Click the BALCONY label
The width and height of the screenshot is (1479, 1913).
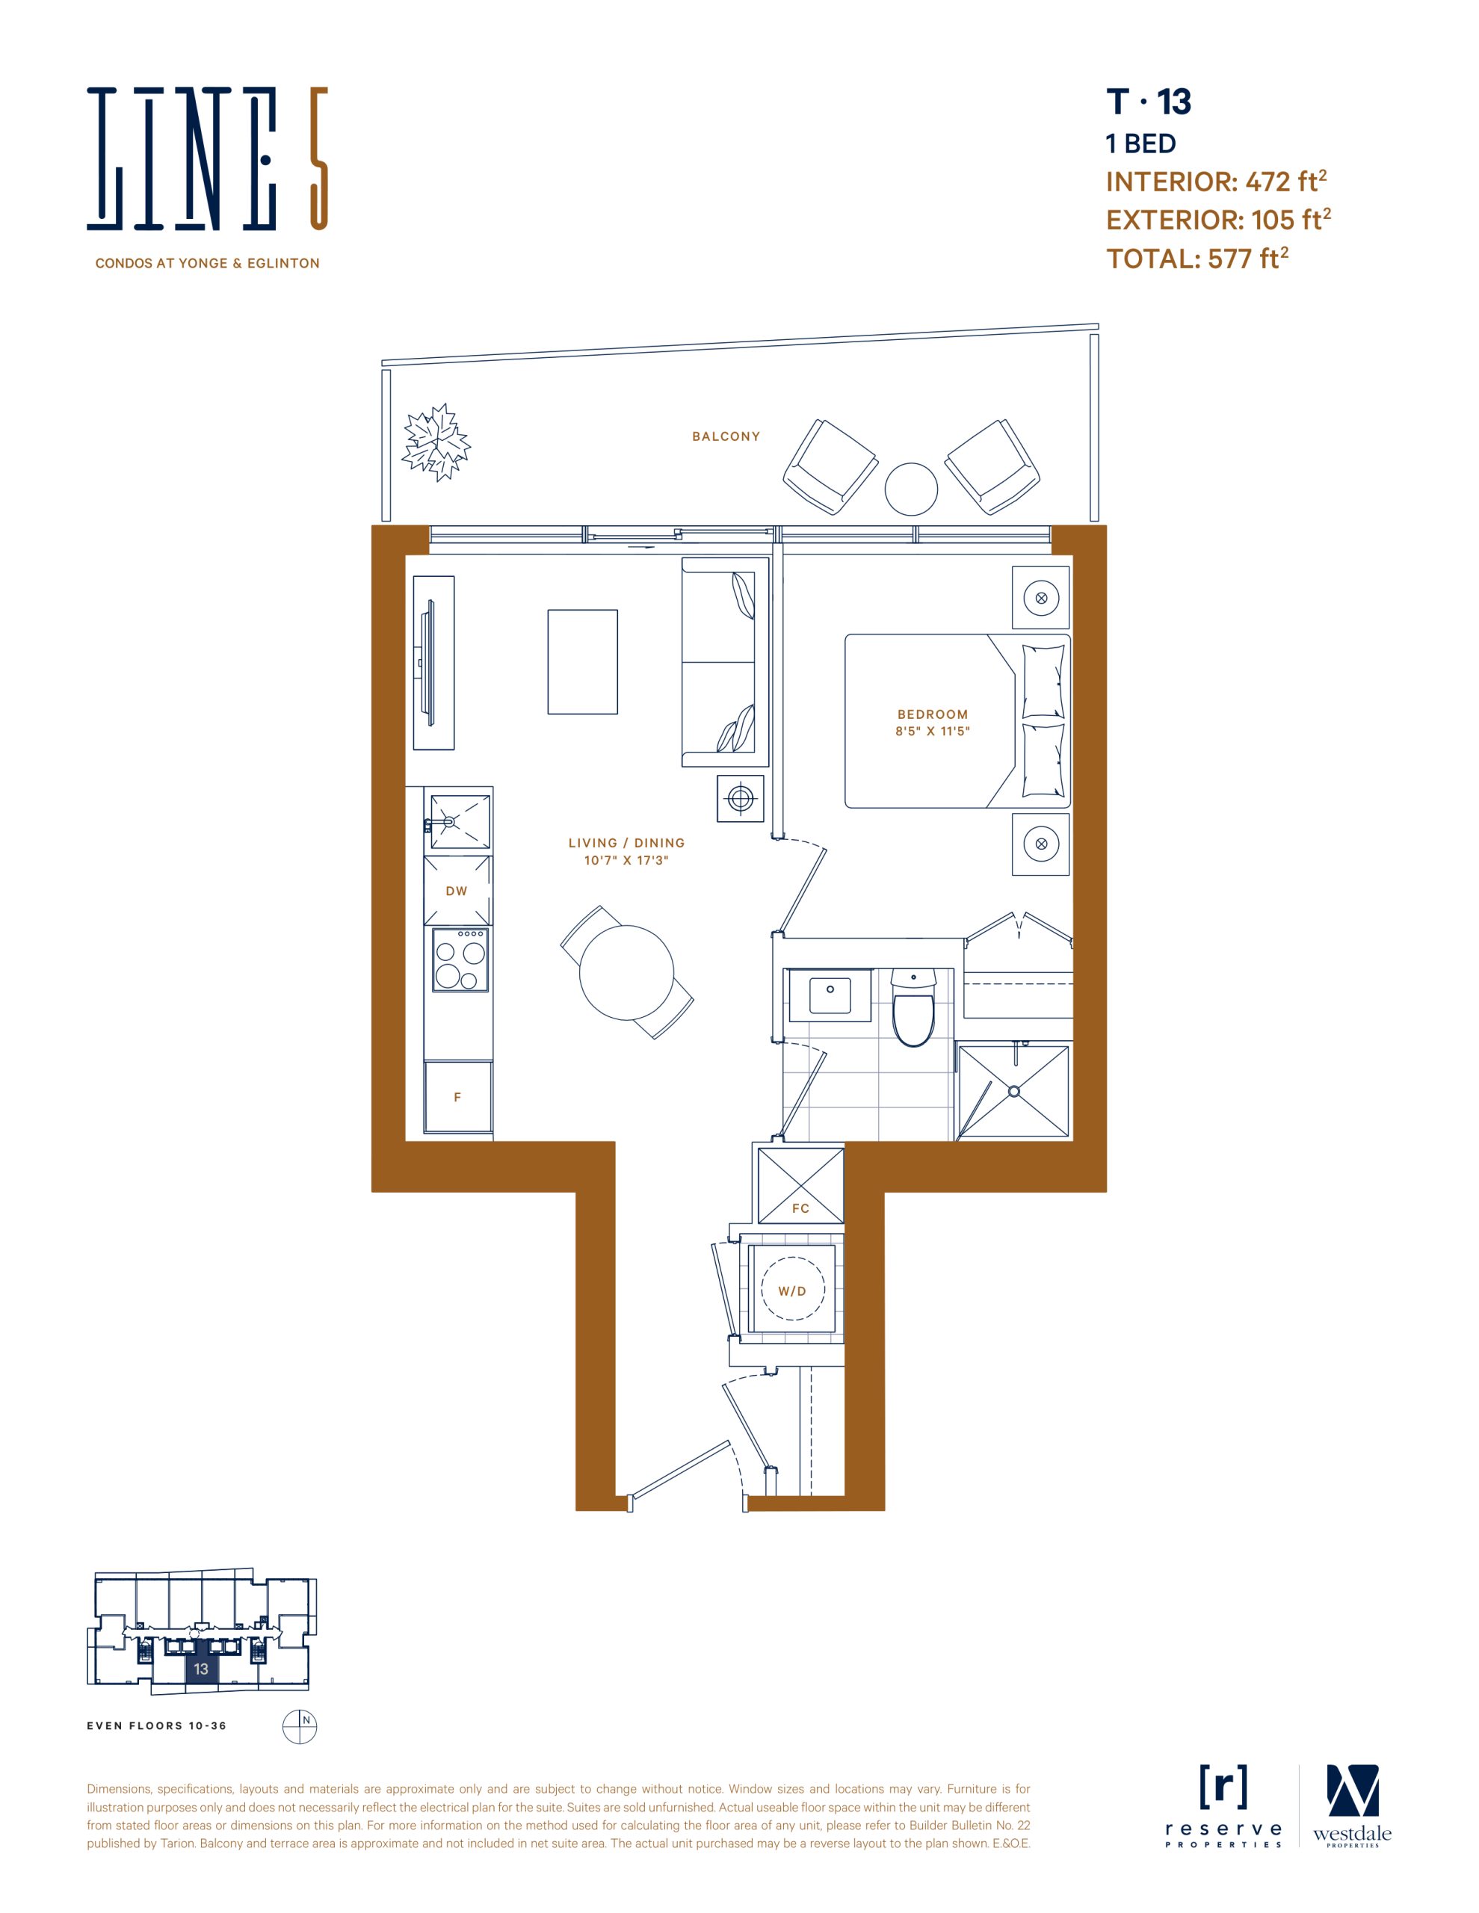(x=726, y=436)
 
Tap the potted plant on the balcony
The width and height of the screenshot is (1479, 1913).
(x=436, y=442)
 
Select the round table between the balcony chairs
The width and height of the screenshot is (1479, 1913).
(x=911, y=489)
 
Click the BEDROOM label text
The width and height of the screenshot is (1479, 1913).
(x=932, y=714)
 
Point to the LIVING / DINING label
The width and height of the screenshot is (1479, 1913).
(x=626, y=843)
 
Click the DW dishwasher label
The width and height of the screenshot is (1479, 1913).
(x=457, y=891)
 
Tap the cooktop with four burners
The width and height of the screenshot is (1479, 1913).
(x=460, y=960)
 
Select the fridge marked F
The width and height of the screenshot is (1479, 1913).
(x=457, y=1097)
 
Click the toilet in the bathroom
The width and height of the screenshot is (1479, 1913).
(x=913, y=1008)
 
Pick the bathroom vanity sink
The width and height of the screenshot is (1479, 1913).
(x=830, y=995)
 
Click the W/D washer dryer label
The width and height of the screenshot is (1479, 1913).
(x=792, y=1291)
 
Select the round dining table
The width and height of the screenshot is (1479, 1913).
(x=626, y=972)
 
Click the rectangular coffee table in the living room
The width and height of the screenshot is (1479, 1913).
(x=583, y=662)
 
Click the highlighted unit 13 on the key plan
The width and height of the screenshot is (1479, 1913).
(x=202, y=1669)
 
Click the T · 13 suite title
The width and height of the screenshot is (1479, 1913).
(x=1149, y=102)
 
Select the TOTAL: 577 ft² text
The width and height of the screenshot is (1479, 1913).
(x=1197, y=259)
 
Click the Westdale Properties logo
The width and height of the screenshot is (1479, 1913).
(x=1352, y=1806)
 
